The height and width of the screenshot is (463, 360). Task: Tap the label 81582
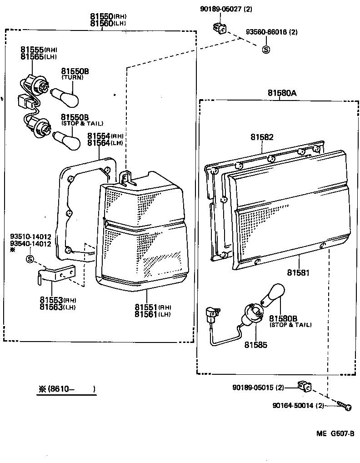262,136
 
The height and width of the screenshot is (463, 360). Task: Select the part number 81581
298,273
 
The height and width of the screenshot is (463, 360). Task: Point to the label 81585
255,345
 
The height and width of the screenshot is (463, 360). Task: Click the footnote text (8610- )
67,389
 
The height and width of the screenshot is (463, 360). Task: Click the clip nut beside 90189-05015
305,387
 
